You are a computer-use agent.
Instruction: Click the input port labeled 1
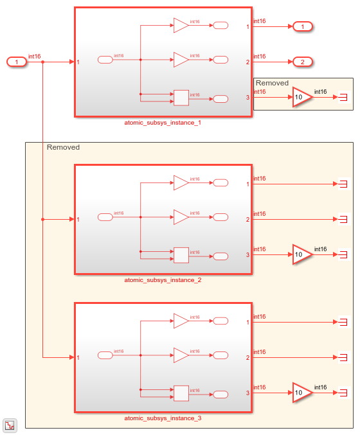tap(16, 62)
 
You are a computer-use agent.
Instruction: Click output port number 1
tap(302, 27)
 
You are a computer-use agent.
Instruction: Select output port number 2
tap(302, 62)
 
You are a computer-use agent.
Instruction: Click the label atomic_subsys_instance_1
tap(163, 122)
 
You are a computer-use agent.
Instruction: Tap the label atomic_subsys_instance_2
tap(163, 280)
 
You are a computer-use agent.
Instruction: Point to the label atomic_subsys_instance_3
tap(163, 418)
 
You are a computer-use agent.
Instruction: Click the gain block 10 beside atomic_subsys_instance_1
tap(302, 98)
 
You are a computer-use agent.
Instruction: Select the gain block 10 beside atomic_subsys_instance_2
tap(302, 254)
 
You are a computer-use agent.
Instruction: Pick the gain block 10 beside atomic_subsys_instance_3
tap(302, 393)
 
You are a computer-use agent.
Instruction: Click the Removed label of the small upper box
tap(272, 83)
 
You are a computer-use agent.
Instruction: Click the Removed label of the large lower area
tap(63, 147)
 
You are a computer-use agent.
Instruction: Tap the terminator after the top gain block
tap(343, 98)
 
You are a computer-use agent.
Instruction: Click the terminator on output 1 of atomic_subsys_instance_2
tap(343, 184)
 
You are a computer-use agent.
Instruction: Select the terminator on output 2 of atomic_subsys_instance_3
tap(343, 357)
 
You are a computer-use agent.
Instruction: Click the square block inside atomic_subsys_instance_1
tap(181, 98)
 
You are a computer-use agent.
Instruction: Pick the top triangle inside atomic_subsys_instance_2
tap(181, 182)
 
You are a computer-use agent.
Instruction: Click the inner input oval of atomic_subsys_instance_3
tap(105, 355)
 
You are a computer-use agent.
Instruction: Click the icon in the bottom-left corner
tap(10, 425)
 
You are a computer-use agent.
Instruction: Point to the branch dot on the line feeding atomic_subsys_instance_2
tap(42, 219)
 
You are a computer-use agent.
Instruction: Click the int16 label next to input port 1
tap(34, 57)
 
